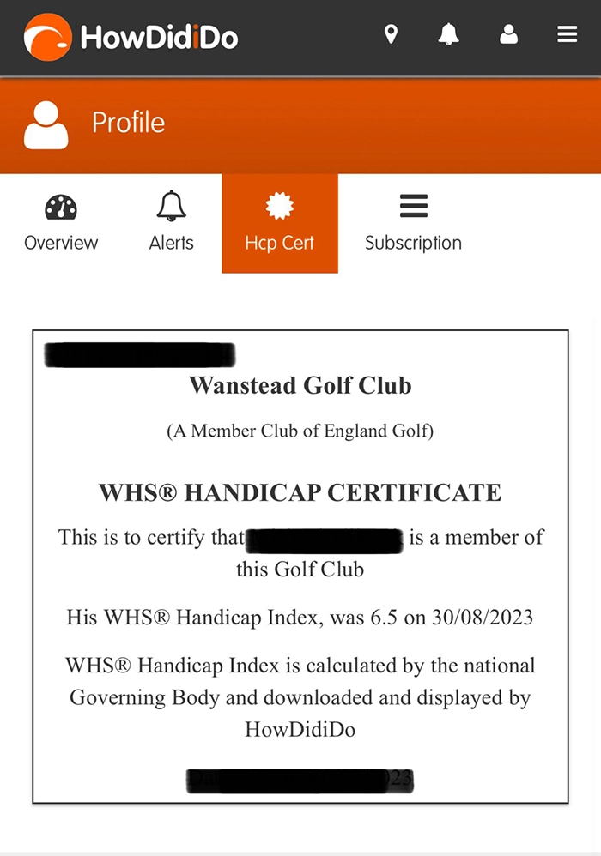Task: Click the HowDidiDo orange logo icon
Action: (47, 37)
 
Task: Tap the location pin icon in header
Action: (391, 34)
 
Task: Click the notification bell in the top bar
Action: (448, 34)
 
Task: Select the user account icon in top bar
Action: (508, 34)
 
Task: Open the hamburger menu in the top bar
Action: (567, 34)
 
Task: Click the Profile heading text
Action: (128, 123)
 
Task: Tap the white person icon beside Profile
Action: (46, 125)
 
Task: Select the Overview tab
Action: (61, 223)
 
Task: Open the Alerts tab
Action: (171, 223)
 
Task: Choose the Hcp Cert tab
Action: (280, 223)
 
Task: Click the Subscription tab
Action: (413, 223)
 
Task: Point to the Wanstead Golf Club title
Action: (300, 386)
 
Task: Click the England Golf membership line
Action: (300, 431)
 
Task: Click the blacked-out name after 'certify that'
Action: (325, 540)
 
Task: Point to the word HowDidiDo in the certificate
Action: (300, 730)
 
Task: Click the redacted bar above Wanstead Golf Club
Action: (139, 354)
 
